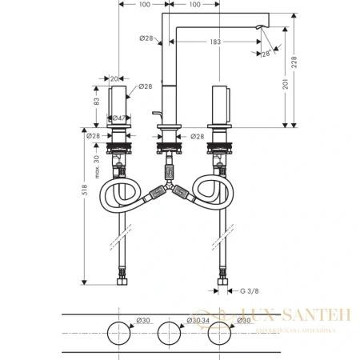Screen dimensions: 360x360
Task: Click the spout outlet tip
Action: tap(257, 29)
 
